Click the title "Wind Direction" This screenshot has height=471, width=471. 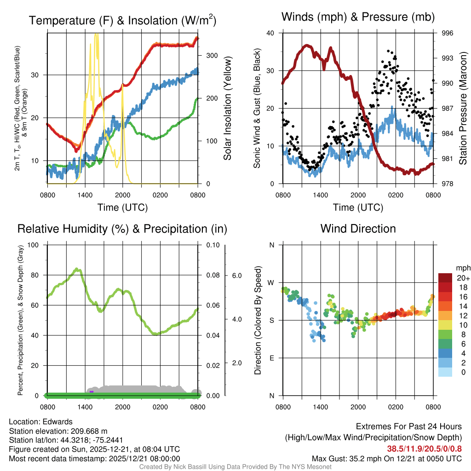click(358, 229)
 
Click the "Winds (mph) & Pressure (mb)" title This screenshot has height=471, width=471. click(358, 17)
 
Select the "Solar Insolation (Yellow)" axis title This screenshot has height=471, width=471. click(227, 109)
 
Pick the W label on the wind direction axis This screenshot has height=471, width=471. click(271, 282)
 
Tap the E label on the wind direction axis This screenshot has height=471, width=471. click(271, 358)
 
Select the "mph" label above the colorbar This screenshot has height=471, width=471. click(462, 268)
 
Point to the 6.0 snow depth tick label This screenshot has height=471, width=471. click(236, 275)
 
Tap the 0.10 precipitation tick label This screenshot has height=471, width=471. click(213, 245)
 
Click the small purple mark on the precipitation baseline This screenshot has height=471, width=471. click(92, 391)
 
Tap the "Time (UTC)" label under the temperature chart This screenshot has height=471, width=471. click(123, 207)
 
